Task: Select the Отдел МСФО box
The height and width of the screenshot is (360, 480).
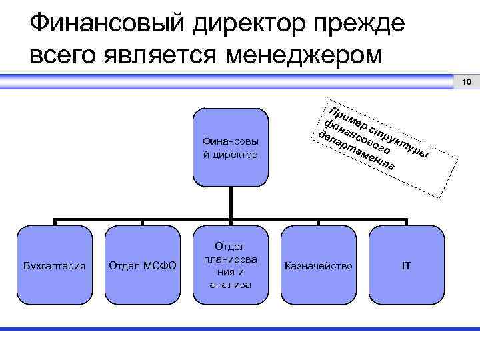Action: tap(142, 266)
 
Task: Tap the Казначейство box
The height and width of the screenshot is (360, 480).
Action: tap(318, 266)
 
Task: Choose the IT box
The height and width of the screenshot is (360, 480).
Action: tap(405, 266)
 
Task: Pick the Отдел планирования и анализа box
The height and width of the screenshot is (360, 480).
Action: tap(231, 266)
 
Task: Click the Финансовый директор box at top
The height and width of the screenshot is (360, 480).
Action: tap(231, 147)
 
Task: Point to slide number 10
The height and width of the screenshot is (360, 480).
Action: tap(466, 83)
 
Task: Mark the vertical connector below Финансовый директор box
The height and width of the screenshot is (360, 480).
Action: tap(231, 203)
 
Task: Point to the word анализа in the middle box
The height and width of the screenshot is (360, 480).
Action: tap(231, 285)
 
